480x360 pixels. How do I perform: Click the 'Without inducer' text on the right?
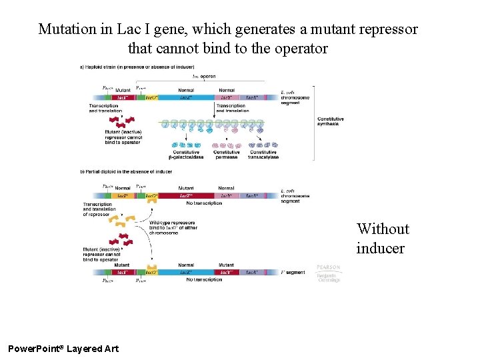click(x=382, y=239)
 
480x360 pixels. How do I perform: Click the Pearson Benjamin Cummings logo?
click(x=328, y=273)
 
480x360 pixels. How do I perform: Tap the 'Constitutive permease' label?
click(x=227, y=154)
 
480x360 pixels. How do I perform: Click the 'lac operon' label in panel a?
click(x=203, y=76)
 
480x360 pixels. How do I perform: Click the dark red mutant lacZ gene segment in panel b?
click(x=186, y=196)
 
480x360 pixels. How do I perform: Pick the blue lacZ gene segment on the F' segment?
click(x=186, y=272)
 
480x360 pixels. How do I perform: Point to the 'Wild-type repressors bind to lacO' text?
click(x=172, y=227)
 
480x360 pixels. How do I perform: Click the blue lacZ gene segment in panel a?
click(x=186, y=97)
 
